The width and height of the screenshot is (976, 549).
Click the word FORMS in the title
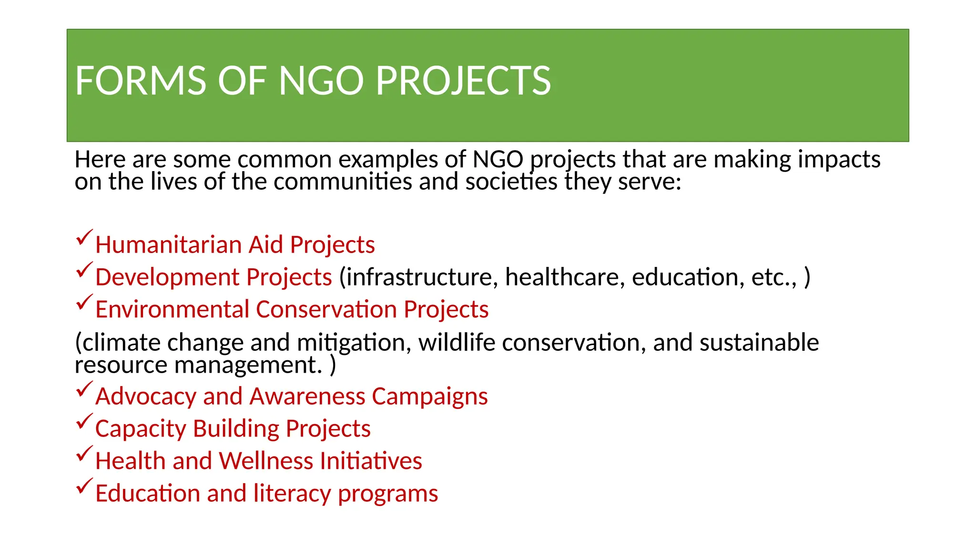140,81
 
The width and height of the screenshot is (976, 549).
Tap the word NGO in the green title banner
321,81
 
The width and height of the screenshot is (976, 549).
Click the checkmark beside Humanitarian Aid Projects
83,237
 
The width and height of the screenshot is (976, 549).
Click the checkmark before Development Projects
83,270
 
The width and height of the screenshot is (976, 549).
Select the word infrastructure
418,277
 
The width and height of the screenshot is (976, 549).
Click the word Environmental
172,310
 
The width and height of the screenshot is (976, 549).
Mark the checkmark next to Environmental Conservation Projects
83,302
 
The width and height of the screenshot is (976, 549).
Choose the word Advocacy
145,396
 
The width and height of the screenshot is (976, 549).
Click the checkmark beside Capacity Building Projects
83,421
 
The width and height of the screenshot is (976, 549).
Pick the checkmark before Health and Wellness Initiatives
83,454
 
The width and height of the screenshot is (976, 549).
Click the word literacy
292,494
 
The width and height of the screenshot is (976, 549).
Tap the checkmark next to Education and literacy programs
83,486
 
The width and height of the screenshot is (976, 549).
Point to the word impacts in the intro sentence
839,160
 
